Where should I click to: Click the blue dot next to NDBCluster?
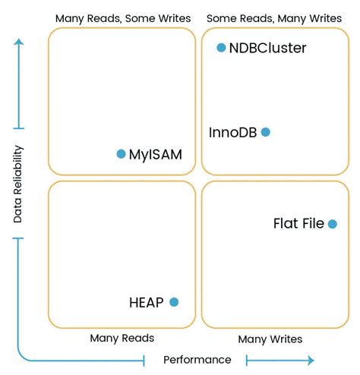click(x=221, y=47)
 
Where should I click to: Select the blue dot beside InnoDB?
click(x=266, y=132)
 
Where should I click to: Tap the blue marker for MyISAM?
click(x=121, y=153)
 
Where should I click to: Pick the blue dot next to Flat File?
click(x=333, y=224)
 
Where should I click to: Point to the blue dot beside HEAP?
click(x=174, y=302)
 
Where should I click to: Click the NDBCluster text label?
click(x=267, y=48)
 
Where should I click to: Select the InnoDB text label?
click(x=232, y=132)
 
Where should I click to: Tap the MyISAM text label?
click(x=156, y=155)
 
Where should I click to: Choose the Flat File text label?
click(x=298, y=223)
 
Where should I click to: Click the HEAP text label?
click(x=147, y=302)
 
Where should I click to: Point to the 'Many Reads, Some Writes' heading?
click(x=123, y=18)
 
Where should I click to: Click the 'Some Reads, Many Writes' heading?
click(x=274, y=18)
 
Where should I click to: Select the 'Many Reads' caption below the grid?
click(x=122, y=338)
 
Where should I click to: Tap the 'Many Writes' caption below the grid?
click(x=270, y=339)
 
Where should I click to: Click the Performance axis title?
click(x=197, y=360)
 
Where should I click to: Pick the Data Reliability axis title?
click(x=18, y=184)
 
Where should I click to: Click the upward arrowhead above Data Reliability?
click(x=19, y=42)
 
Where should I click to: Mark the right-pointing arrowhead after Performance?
click(x=311, y=360)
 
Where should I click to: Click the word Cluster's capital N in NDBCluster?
click(x=234, y=48)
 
